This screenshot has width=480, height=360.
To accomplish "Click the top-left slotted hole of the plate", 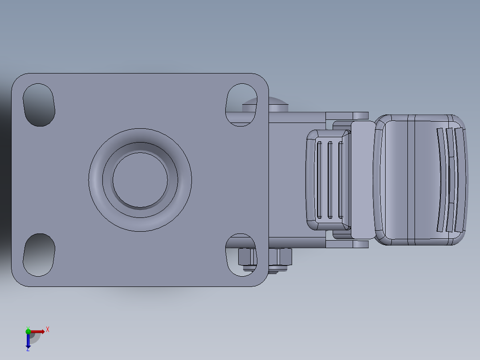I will [x=39, y=104].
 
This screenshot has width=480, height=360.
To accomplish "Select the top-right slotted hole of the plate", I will [x=240, y=104].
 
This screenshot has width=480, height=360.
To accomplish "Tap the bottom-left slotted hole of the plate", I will [x=39, y=254].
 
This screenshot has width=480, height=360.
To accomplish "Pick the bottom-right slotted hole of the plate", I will [x=240, y=255].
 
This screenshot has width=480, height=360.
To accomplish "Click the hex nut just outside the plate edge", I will [x=281, y=258].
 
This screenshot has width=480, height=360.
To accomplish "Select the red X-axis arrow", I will [x=37, y=331].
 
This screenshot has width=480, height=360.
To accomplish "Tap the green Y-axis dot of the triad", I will [x=28, y=331].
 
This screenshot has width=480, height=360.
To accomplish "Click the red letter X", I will [x=47, y=329].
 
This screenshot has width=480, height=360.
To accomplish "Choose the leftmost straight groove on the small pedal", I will [x=319, y=180].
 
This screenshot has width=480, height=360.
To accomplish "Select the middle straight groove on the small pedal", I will [x=330, y=180].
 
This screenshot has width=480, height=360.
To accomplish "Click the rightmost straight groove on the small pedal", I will [x=341, y=180].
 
